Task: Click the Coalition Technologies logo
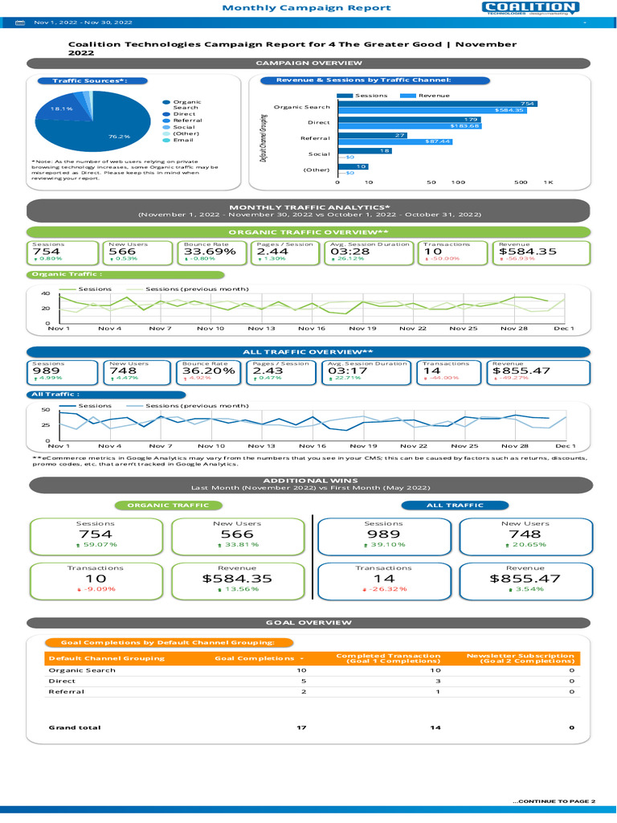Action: point(530,8)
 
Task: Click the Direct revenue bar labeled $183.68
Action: point(410,126)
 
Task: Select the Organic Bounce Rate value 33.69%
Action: point(209,252)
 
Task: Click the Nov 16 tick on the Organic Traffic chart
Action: point(312,329)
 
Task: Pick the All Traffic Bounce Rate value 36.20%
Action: point(208,371)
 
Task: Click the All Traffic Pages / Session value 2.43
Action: point(268,371)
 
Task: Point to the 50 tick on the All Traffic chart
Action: point(46,410)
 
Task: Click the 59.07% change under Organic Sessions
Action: point(97,544)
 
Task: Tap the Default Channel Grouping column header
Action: point(106,658)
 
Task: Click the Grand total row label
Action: point(75,727)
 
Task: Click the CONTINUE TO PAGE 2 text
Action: point(554,801)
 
